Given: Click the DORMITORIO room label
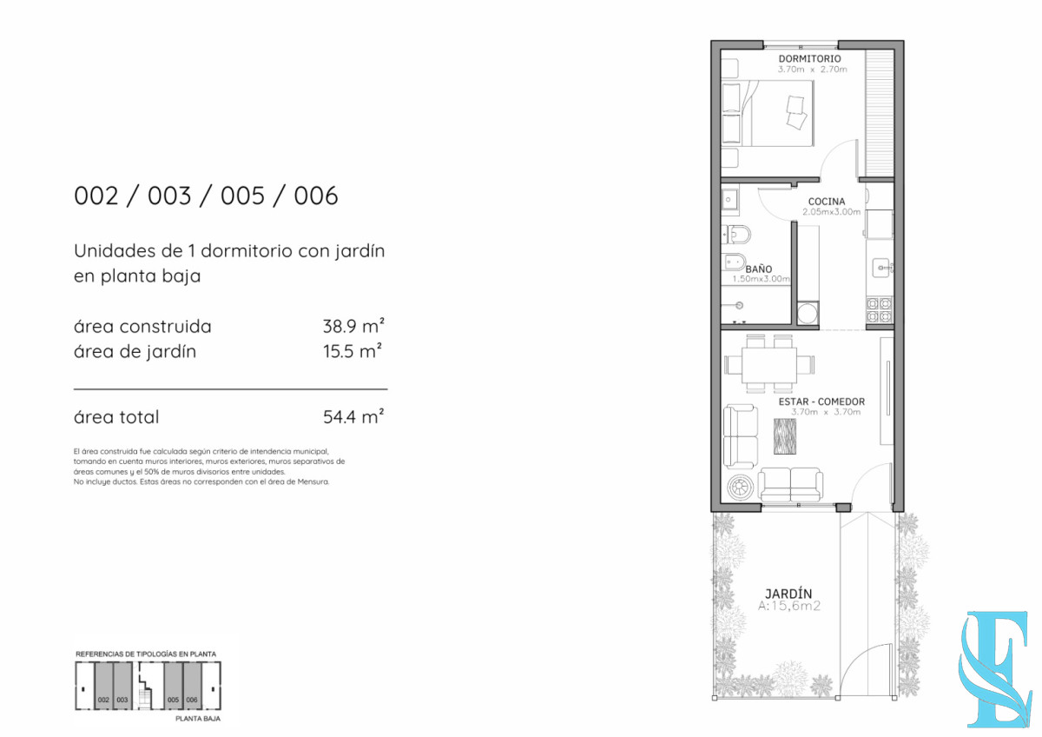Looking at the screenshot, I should point(809,59).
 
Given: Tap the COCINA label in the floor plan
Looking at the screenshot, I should point(826,202).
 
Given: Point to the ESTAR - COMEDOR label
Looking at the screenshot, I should point(821,402).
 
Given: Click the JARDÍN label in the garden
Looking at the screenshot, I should point(788,594).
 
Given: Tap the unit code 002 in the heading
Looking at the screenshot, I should point(96,196).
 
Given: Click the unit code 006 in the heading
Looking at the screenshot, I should point(315,196).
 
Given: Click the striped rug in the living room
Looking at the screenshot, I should point(787,435).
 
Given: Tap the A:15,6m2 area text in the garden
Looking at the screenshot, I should point(788,608).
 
